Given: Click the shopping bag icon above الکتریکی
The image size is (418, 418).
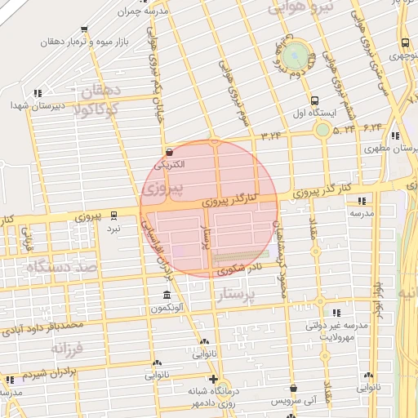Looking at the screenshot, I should pyautogui.click(x=169, y=152).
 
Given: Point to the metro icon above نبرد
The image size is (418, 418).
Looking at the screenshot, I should pyautogui.click(x=113, y=216).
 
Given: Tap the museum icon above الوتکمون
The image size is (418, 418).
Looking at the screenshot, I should pyautogui.click(x=167, y=295).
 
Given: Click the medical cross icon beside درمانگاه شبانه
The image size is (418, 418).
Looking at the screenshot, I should pyautogui.click(x=213, y=379).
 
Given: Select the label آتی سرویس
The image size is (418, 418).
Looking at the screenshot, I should pyautogui.click(x=293, y=400).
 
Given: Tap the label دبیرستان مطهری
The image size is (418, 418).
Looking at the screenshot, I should pyautogui.click(x=388, y=149).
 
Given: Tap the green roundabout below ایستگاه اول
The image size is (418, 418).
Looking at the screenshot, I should pyautogui.click(x=323, y=129).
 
